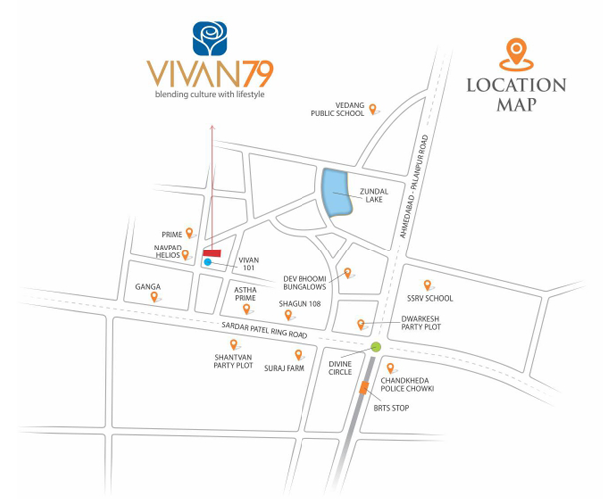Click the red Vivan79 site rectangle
212,252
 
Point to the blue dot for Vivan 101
207,263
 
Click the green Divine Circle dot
376,347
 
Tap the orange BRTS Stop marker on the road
364,390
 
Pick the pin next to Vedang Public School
373,109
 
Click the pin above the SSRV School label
427,285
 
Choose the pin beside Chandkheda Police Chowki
390,368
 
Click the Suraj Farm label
284,368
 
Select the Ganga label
148,286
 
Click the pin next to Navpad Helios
185,255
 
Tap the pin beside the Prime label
189,233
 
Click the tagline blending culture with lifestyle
212,95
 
